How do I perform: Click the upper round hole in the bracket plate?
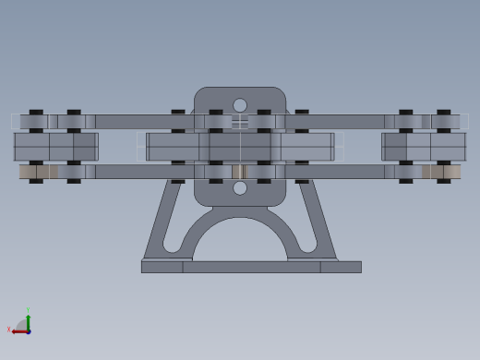pos(240,105)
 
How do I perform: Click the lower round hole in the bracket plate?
pos(240,188)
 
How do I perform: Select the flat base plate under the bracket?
pos(251,267)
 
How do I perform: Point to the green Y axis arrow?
pos(28,320)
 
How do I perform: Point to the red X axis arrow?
pos(18,330)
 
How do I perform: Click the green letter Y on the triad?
pos(28,311)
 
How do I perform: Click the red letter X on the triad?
pos(9,330)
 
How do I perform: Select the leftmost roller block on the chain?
pos(55,147)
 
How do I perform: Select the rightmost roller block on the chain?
pos(424,147)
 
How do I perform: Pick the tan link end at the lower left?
pos(38,172)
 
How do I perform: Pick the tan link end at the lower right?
pos(441,172)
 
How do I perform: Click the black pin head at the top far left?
pos(36,112)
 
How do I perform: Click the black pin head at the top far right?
pos(444,112)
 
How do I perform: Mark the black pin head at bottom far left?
pos(36,181)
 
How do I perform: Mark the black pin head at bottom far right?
pos(444,181)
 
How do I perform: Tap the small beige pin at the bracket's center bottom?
pos(239,172)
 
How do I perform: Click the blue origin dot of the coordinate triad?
pos(28,330)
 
